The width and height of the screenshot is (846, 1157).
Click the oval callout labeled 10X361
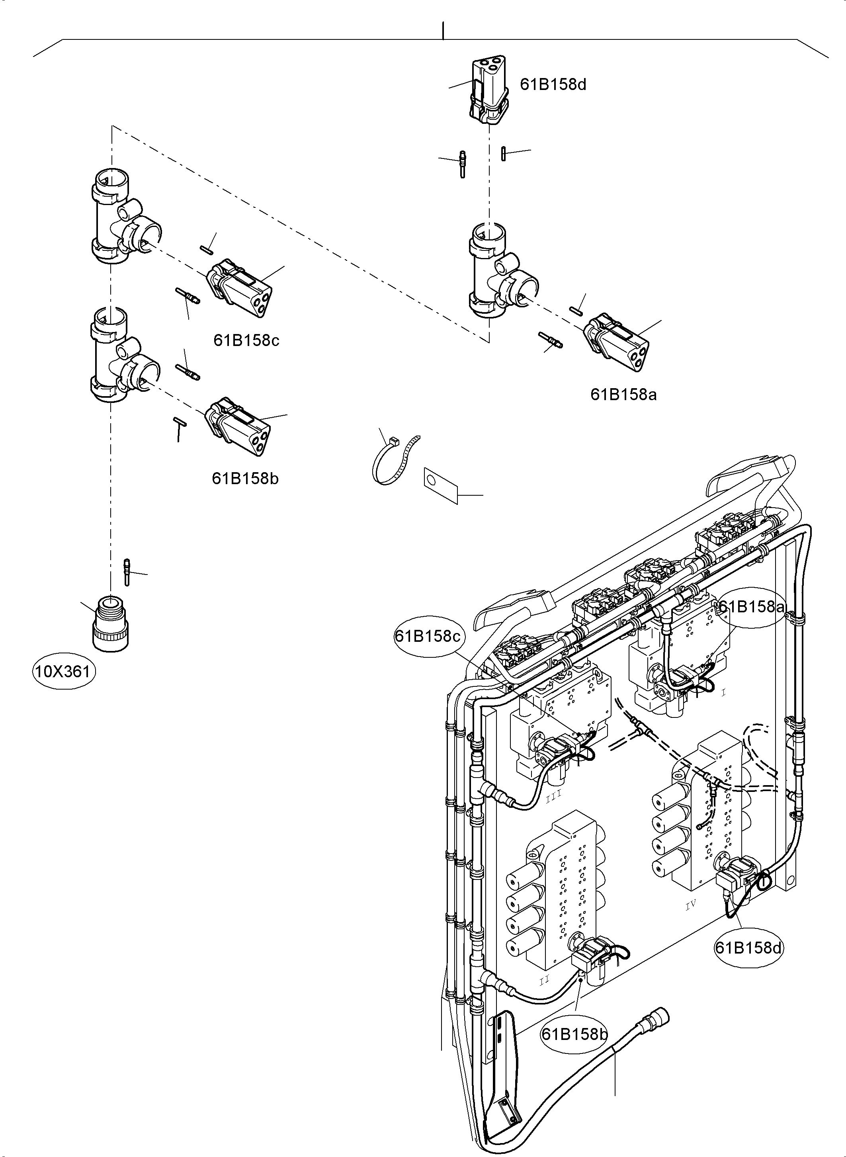coord(64,671)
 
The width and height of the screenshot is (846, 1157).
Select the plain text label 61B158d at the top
coord(553,84)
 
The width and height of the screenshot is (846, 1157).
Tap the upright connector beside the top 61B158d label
coord(489,91)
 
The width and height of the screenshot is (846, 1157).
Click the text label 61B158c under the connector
coord(246,340)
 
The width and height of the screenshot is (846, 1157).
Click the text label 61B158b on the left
coord(245,479)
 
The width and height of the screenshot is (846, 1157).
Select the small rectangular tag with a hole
coord(440,484)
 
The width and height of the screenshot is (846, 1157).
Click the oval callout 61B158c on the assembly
coord(428,636)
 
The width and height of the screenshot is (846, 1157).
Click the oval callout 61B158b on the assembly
coord(574,1034)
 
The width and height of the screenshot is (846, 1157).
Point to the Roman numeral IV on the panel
coord(691,905)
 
